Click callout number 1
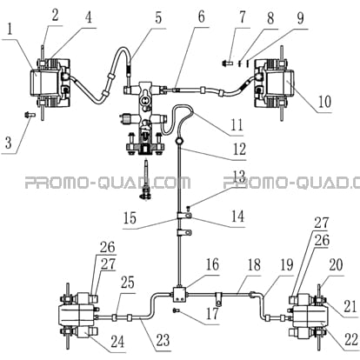pos(10,30)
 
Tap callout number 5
pos(158,17)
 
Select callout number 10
pos(324,102)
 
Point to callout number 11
pos(237,125)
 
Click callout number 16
pos(212,264)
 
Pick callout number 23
pos(163,340)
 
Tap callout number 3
pos(9,143)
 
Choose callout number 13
pos(238,177)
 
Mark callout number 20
pos(336,264)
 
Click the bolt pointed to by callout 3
pos(30,115)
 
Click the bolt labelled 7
pos(228,62)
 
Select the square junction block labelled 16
pos(180,295)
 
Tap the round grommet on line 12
pos(180,142)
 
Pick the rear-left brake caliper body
pos(77,317)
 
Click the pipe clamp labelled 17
pos(219,298)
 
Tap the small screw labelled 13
pos(189,207)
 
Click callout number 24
pos(117,342)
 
